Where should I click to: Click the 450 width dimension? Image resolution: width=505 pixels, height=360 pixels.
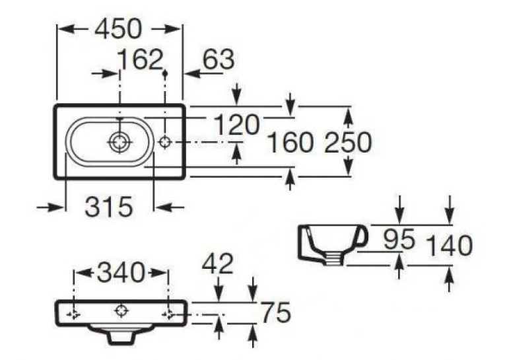coord(118,29)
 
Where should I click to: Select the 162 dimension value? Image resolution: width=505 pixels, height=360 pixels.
coord(140,59)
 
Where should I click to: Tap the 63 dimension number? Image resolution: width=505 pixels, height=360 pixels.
coord(219,59)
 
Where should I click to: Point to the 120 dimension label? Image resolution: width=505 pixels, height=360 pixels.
coord(236,125)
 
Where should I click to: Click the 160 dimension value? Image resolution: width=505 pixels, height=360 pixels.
coord(290,143)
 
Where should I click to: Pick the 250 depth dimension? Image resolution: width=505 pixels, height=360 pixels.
coord(348,143)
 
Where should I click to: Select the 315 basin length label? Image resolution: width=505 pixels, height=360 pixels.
coord(109,207)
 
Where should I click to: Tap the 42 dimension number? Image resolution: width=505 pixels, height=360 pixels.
coord(217,264)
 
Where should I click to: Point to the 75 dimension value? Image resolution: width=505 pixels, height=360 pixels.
coord(276,312)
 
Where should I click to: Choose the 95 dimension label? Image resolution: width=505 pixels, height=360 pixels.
coord(399,240)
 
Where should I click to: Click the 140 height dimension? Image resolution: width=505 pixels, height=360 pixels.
coord(449,246)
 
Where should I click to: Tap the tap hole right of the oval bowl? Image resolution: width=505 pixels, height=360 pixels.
coord(165,142)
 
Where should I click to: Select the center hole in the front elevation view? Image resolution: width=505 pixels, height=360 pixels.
coord(121,310)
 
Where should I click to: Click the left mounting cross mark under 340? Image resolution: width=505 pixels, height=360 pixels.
coord(74,314)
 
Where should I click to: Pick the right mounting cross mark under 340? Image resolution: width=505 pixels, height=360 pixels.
coord(169,314)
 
